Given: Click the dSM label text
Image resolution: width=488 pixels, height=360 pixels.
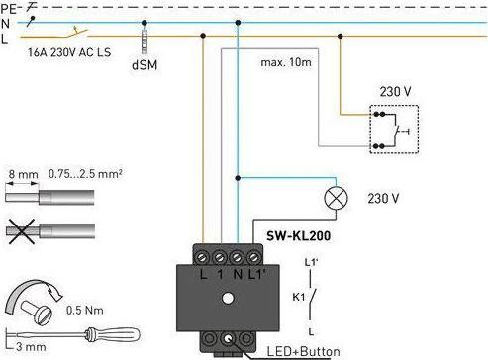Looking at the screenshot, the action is click(145, 65).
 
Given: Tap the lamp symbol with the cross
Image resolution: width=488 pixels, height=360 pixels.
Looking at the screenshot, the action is click(337, 198).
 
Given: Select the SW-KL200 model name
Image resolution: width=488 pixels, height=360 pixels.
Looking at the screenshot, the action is click(298, 236).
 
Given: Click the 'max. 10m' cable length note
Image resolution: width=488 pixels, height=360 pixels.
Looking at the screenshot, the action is click(286, 62).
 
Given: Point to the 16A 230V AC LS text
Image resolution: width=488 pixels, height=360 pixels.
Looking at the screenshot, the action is click(69, 52).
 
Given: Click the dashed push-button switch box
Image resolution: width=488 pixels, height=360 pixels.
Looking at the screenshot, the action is click(394, 130).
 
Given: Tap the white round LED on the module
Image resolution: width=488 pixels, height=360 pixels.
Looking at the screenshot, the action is click(228, 298).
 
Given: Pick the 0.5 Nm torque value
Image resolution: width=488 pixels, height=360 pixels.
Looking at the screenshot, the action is click(85, 310).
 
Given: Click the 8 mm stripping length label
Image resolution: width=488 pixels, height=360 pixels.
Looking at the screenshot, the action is click(23, 174).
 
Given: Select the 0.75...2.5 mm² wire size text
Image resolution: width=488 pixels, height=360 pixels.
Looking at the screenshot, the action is click(85, 173).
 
